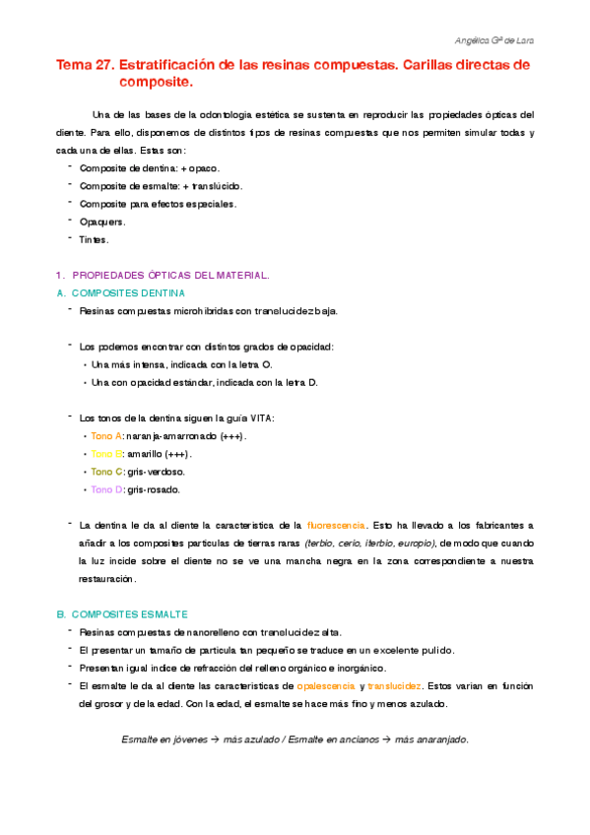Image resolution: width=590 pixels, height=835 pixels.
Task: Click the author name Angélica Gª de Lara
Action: (497, 40)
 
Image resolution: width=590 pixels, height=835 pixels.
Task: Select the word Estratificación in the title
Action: (172, 65)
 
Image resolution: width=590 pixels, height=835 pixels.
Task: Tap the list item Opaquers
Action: (101, 222)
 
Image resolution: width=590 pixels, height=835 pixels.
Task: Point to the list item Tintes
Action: (94, 239)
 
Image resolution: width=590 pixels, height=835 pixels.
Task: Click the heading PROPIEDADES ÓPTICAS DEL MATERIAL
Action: (170, 275)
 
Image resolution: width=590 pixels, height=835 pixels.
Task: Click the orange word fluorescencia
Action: (337, 525)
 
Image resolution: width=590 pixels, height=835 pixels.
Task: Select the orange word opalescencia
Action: (325, 684)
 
